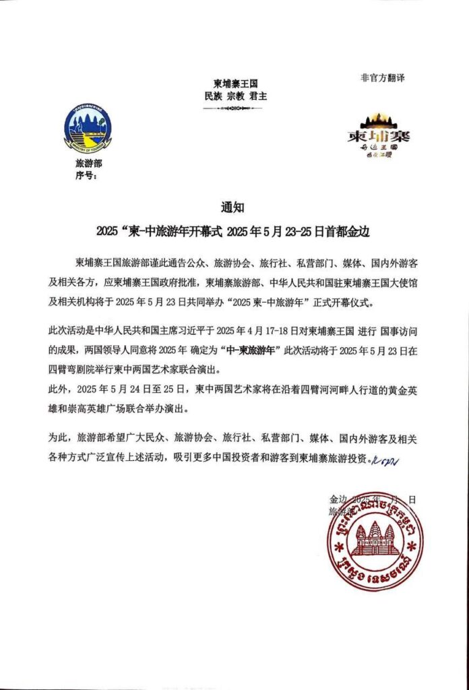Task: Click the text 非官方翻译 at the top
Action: click(383, 77)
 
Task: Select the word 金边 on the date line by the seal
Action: click(337, 499)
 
